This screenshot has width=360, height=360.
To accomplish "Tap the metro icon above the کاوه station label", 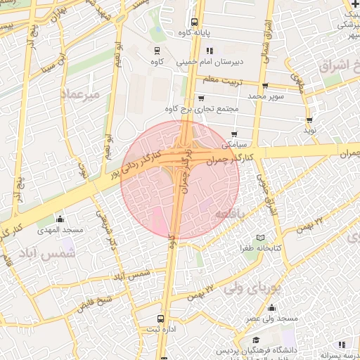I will (157, 50).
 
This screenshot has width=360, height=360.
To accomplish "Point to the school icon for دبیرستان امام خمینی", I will (210, 51).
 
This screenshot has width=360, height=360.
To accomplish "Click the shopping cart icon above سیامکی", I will (234, 134).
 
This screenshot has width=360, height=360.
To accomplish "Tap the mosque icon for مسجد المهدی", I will (60, 218).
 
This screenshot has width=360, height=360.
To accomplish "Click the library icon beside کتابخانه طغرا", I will (262, 238).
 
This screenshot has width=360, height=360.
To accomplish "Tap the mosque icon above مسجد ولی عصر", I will (271, 307).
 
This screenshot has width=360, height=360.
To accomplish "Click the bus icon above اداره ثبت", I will (162, 318).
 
